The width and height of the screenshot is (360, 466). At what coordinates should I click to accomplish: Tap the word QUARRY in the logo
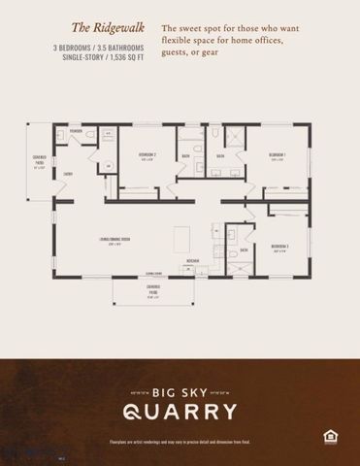point(180,411)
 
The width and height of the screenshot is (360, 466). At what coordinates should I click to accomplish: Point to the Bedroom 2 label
point(147,155)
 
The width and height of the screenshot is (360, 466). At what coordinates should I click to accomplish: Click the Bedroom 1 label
point(277,155)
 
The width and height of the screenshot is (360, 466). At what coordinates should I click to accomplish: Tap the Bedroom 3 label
point(281,247)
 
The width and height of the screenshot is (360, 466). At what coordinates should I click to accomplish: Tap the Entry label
point(68,174)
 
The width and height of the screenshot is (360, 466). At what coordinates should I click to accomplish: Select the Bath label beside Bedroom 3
point(245,249)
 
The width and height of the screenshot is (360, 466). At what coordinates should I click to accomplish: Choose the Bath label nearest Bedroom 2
point(185,156)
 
